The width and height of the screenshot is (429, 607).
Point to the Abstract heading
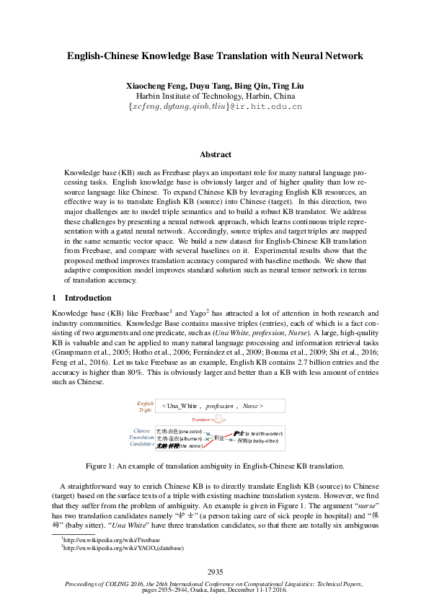point(215,154)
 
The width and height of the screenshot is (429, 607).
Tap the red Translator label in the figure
point(200,419)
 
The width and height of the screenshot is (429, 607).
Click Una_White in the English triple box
point(182,407)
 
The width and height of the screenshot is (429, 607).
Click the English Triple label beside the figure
point(146,406)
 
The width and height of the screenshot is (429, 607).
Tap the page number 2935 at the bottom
point(214,572)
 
